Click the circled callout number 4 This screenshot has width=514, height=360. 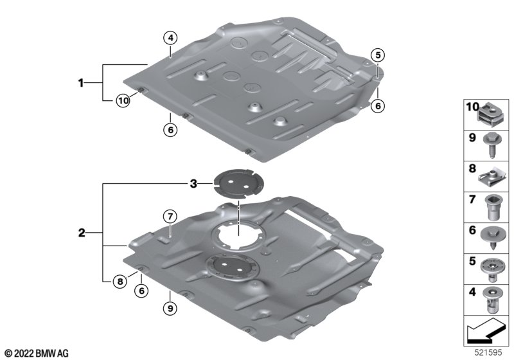170,38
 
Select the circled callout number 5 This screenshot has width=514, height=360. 378,55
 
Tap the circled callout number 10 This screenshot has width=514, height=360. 123,100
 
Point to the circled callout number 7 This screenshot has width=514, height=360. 170,217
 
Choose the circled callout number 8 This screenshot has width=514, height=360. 120,282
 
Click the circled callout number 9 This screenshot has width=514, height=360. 170,308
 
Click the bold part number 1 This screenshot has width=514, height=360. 81,83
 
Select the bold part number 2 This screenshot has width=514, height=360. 82,233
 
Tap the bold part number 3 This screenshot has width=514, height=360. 193,184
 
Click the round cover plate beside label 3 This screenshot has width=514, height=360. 238,184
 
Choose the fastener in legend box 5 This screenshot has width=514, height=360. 492,269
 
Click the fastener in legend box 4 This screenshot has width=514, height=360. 492,300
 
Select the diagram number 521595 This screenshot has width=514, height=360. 488,353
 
